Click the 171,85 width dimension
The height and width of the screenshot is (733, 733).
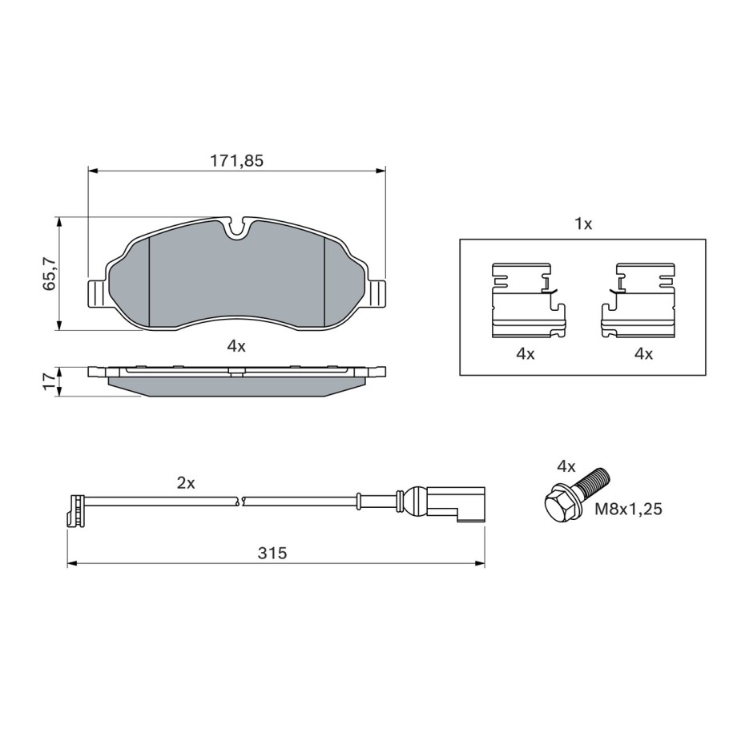pos(236,161)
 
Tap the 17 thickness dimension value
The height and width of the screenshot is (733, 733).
pos(49,382)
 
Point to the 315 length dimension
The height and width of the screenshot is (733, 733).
pos(272,554)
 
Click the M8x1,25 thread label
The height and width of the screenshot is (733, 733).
pos(628,509)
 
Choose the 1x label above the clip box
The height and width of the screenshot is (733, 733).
pos(583,224)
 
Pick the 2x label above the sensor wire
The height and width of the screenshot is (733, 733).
pos(186,483)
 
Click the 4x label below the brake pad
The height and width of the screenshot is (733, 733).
pos(236,346)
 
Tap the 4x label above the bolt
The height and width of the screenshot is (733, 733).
pos(566,466)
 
